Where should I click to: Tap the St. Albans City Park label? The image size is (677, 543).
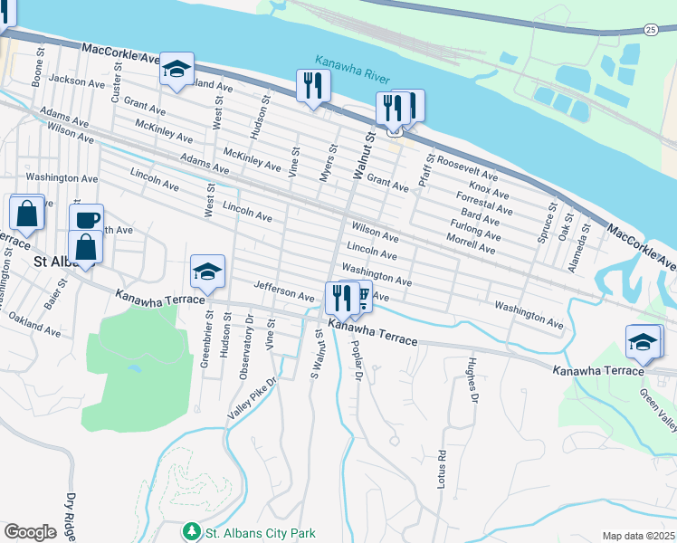click(x=260, y=533)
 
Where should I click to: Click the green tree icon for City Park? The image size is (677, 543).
click(x=191, y=531)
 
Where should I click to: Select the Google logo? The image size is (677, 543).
click(x=30, y=532)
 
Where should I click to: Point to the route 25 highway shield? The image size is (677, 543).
click(x=652, y=30)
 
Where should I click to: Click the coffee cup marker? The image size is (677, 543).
click(x=87, y=219)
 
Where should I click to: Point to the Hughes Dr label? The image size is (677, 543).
click(x=471, y=379)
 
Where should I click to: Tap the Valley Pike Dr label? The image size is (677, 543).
click(x=250, y=399)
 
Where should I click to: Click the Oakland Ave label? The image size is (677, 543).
click(x=34, y=325)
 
